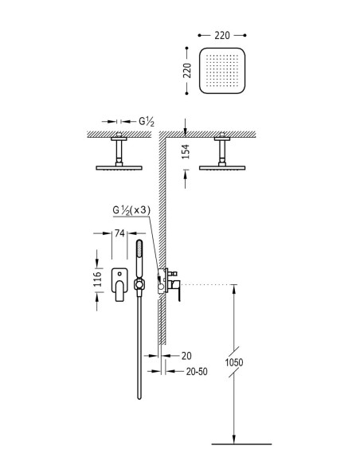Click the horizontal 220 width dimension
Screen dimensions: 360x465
point(222,35)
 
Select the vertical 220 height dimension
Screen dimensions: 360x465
point(187,71)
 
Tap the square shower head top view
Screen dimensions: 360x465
point(222,71)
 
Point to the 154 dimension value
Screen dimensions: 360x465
point(186,151)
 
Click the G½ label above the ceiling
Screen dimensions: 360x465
point(147,121)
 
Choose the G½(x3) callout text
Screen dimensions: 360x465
point(131,210)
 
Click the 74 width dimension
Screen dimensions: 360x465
point(119,233)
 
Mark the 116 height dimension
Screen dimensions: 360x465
point(97,279)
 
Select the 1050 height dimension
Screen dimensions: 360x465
point(234,362)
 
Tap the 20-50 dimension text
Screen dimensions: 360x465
point(197,371)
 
